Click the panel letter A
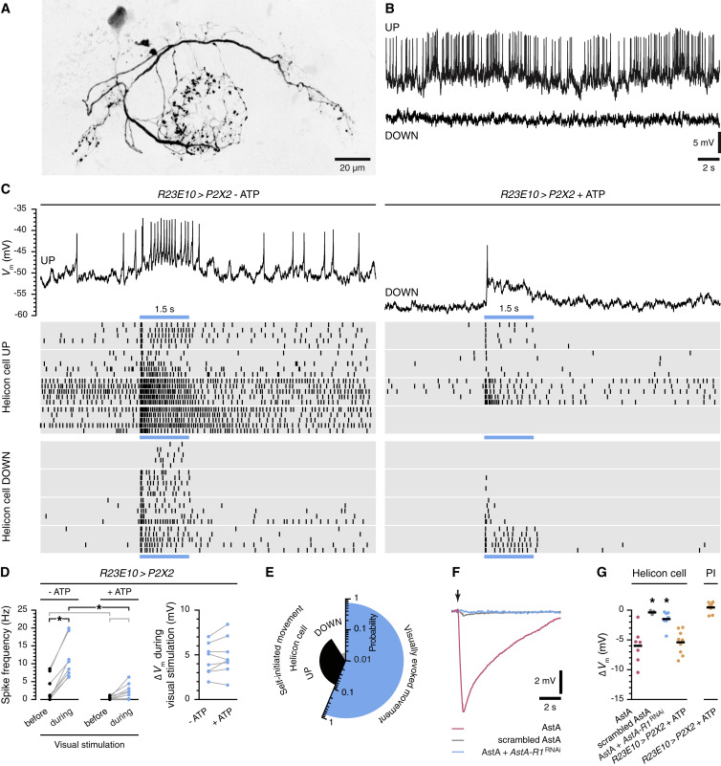point(8,8)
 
